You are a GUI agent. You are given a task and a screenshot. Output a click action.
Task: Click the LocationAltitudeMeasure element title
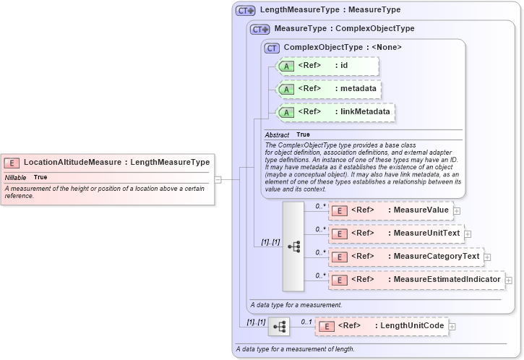(x=116, y=162)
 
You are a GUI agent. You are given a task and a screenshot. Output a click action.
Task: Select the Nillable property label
(x=15, y=177)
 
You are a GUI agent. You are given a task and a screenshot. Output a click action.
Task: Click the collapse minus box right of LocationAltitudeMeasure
(x=218, y=179)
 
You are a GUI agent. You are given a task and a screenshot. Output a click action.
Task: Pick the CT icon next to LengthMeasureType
(x=246, y=11)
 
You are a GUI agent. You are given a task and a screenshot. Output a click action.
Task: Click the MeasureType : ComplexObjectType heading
(x=344, y=29)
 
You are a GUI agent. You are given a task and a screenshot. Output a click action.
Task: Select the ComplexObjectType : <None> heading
(x=343, y=47)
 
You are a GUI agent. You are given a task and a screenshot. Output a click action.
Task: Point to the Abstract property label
(x=277, y=135)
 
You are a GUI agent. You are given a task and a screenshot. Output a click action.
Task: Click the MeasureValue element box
(x=390, y=210)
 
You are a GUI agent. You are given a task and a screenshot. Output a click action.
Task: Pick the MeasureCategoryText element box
(x=405, y=257)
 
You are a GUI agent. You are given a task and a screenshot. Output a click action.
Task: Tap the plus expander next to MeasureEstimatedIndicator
(x=509, y=280)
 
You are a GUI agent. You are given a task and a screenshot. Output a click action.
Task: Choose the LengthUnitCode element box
(x=382, y=326)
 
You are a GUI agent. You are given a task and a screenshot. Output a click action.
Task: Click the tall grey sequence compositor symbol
(x=293, y=246)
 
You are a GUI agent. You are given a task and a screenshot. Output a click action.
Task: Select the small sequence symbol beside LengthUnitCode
(x=279, y=327)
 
